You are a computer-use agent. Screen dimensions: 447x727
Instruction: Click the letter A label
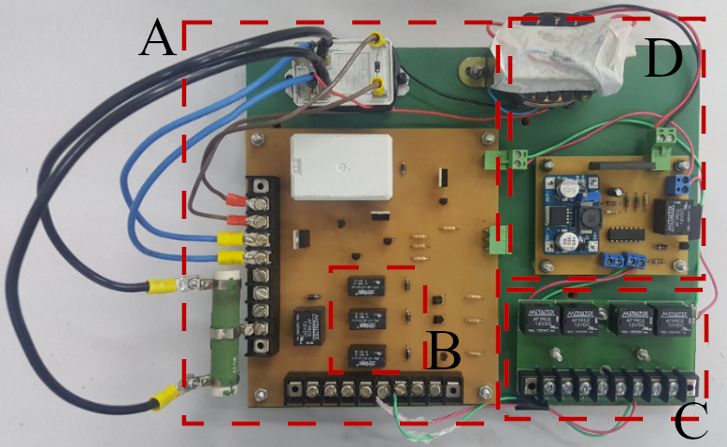coord(156,40)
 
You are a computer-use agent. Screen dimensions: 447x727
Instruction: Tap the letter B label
coord(444,353)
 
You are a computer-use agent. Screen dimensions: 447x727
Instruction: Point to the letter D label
coord(663,60)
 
